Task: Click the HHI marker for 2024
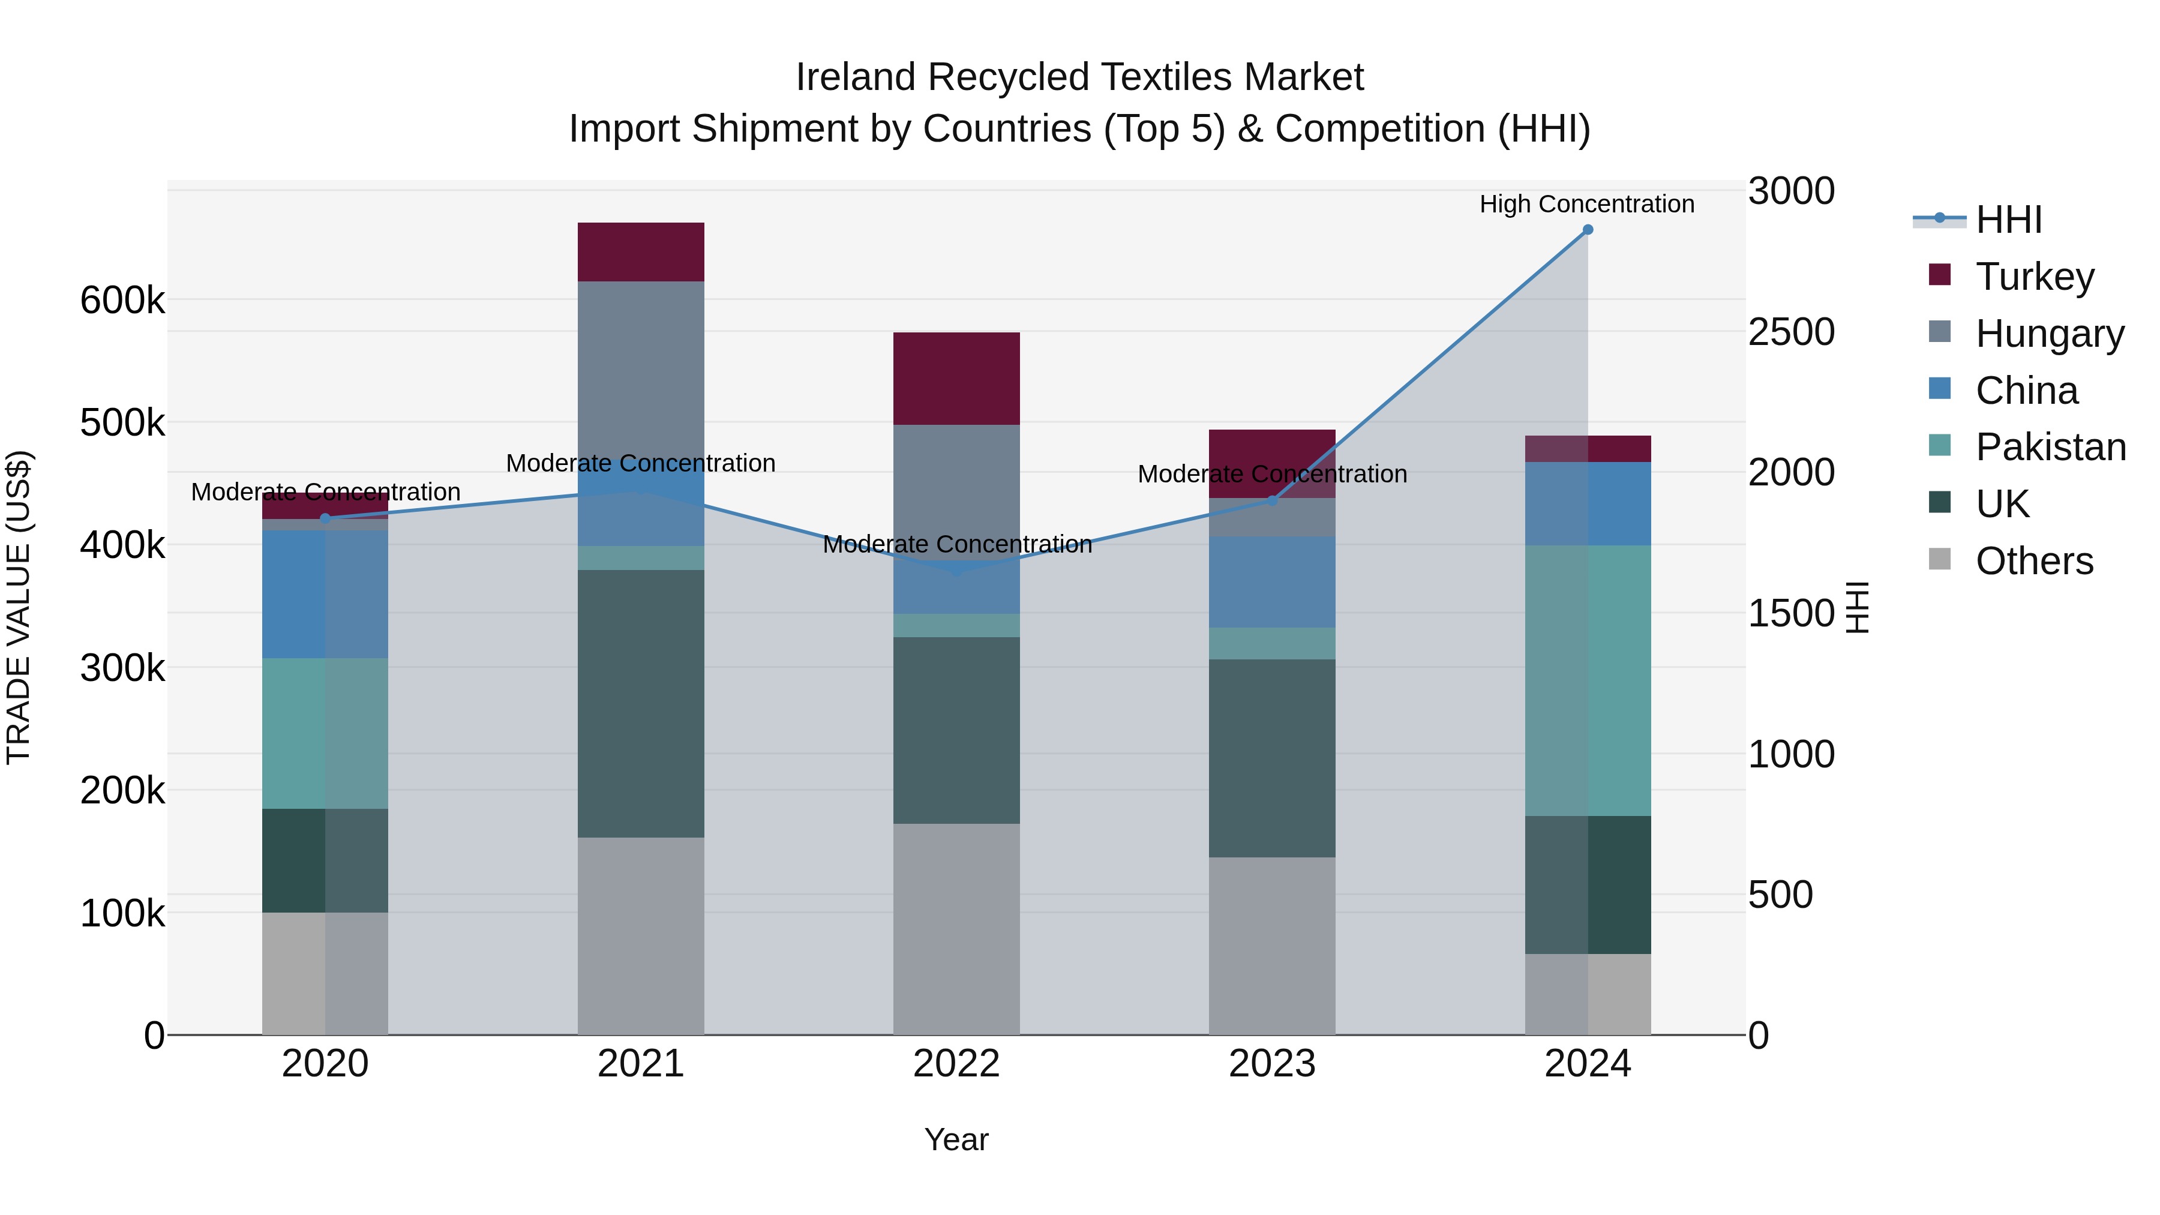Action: [x=1587, y=230]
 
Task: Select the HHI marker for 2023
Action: [x=1272, y=500]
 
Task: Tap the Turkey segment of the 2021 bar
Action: [x=641, y=251]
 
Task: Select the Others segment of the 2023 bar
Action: [x=1272, y=945]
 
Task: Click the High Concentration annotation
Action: [x=1586, y=204]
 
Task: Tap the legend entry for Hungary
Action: [x=2050, y=333]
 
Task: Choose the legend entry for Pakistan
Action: [x=2050, y=447]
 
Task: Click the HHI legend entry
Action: [x=2008, y=220]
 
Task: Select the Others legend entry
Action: [x=2033, y=561]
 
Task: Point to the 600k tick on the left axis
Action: [x=122, y=299]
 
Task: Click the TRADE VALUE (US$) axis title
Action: [x=19, y=607]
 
